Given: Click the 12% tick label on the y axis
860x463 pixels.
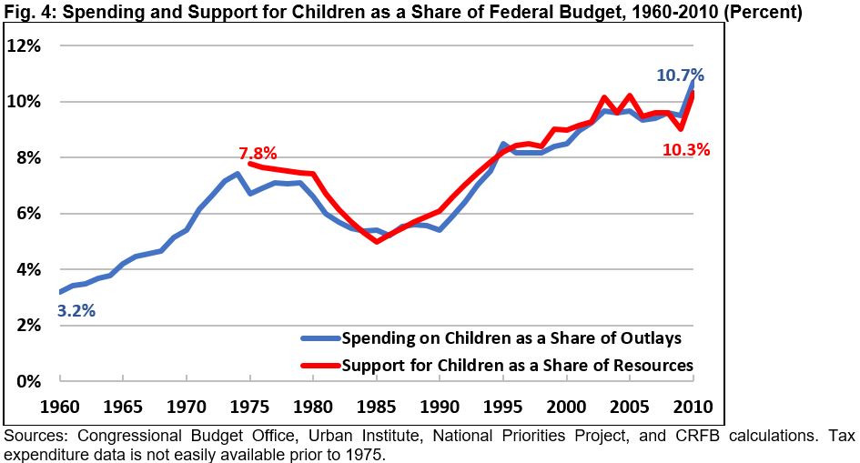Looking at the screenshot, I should pyautogui.click(x=26, y=45).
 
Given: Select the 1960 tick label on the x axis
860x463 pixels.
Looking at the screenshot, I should pyautogui.click(x=58, y=404).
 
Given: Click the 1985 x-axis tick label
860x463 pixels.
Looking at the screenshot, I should pyautogui.click(x=376, y=404).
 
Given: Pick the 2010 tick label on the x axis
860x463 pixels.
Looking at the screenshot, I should pyautogui.click(x=693, y=404).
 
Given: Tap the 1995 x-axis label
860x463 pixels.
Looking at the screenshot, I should pyautogui.click(x=503, y=404).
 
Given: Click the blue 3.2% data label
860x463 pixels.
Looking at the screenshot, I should pyautogui.click(x=76, y=311).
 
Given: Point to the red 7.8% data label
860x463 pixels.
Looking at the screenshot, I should pyautogui.click(x=258, y=152).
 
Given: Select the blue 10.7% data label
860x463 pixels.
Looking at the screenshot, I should pyautogui.click(x=681, y=75).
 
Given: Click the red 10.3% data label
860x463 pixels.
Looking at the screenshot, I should pyautogui.click(x=686, y=150).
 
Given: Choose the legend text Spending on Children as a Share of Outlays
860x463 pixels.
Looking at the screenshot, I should pyautogui.click(x=511, y=339).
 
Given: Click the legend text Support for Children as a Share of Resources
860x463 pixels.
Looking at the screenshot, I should pyautogui.click(x=517, y=366).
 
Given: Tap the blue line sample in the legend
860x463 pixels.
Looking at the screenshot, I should pyautogui.click(x=320, y=339).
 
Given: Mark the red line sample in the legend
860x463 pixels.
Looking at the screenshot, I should pyautogui.click(x=320, y=366).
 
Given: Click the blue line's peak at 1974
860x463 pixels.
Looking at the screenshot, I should pyautogui.click(x=237, y=174).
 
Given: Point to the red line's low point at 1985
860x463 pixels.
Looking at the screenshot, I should pyautogui.click(x=376, y=241).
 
